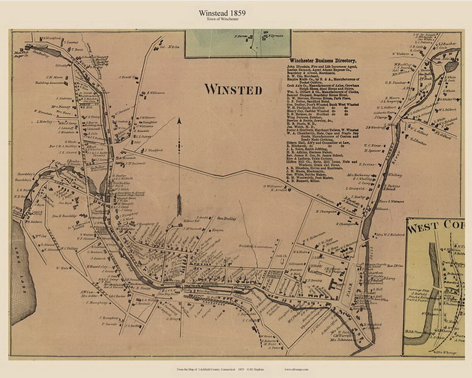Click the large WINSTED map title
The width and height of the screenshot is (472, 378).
coord(234,90)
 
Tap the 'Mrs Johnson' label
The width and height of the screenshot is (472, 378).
coord(341,340)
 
